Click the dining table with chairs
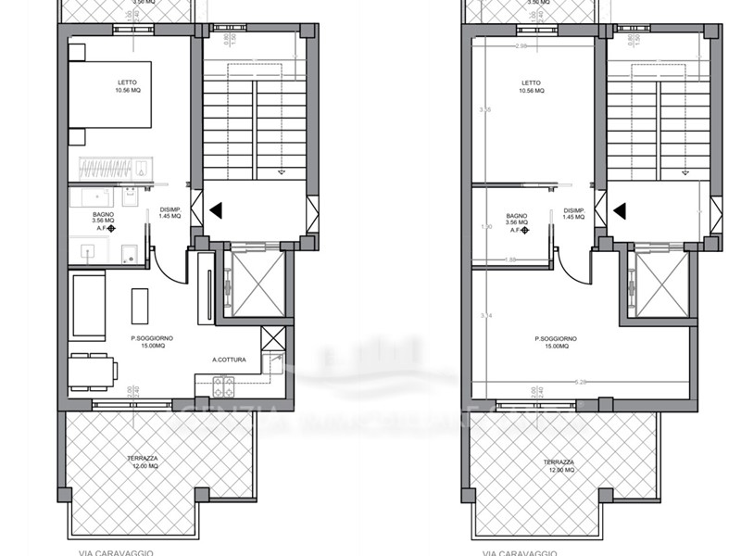pyautogui.click(x=92, y=372)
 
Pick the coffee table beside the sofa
pyautogui.click(x=140, y=306)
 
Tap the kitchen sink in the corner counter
pyautogui.click(x=272, y=362)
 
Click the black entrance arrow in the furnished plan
pyautogui.click(x=215, y=210)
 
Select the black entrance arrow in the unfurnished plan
pyautogui.click(x=619, y=210)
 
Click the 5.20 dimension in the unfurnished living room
pyautogui.click(x=581, y=381)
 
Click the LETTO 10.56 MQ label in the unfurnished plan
pyautogui.click(x=532, y=87)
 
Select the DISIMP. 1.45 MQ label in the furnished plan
pyautogui.click(x=170, y=212)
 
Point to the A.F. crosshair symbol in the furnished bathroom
pyautogui.click(x=111, y=228)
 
